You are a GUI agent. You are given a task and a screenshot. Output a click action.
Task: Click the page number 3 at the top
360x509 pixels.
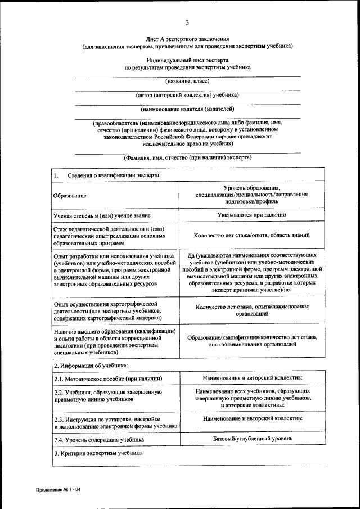(x=187, y=22)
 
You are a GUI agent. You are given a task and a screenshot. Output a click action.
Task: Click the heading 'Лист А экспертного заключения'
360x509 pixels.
(x=187, y=39)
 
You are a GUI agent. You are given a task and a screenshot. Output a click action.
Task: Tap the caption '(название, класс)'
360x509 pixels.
(x=187, y=81)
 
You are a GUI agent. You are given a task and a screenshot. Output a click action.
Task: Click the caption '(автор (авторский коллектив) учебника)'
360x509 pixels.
(x=187, y=94)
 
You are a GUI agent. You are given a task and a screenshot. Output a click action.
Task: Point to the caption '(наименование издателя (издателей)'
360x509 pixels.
(x=187, y=109)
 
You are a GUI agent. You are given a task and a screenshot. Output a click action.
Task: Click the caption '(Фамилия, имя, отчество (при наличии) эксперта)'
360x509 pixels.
(x=187, y=157)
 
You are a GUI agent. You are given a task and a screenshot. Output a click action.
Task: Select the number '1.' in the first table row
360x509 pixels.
(x=56, y=175)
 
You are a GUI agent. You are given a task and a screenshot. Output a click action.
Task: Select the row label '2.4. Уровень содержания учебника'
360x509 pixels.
(x=97, y=440)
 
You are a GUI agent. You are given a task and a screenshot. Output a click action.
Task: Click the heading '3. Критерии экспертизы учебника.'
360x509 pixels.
(x=98, y=453)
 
